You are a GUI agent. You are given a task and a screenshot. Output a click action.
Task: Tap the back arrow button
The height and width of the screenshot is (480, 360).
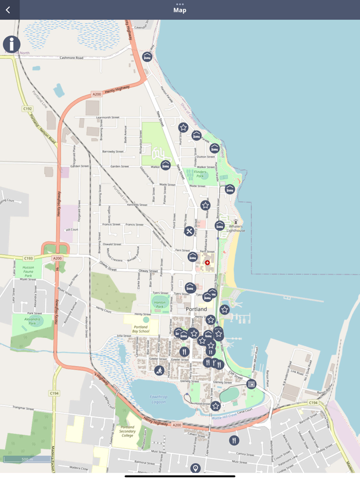point(8,10)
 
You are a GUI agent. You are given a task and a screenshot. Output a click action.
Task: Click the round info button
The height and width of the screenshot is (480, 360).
point(12,45)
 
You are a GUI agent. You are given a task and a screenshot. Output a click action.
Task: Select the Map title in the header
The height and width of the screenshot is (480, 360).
point(179,10)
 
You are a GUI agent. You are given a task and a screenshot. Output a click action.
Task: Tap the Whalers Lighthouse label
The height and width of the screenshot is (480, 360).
point(236,228)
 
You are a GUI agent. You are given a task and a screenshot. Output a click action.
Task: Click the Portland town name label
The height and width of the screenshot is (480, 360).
point(196,309)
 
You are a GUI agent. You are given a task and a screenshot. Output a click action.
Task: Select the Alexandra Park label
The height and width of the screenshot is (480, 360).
point(32,321)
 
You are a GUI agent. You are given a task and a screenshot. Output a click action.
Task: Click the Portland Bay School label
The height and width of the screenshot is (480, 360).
point(140,329)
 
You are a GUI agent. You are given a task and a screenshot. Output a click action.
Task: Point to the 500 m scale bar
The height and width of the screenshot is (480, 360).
point(27,459)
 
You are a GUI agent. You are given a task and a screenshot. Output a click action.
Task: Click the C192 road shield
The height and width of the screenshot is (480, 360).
point(28,109)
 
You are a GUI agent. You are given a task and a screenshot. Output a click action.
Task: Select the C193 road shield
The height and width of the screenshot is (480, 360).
point(28,258)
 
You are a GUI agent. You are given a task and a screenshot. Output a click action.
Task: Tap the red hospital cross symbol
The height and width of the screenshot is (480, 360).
point(207,263)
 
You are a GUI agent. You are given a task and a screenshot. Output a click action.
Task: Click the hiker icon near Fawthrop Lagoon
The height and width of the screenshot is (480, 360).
point(159,370)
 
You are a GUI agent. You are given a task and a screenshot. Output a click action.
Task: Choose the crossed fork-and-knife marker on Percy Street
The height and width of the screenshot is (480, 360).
point(189,231)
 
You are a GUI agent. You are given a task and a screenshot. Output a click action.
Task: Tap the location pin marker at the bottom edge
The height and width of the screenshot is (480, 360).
point(195,468)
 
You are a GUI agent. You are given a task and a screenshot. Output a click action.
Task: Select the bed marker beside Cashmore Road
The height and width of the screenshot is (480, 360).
point(148,57)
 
